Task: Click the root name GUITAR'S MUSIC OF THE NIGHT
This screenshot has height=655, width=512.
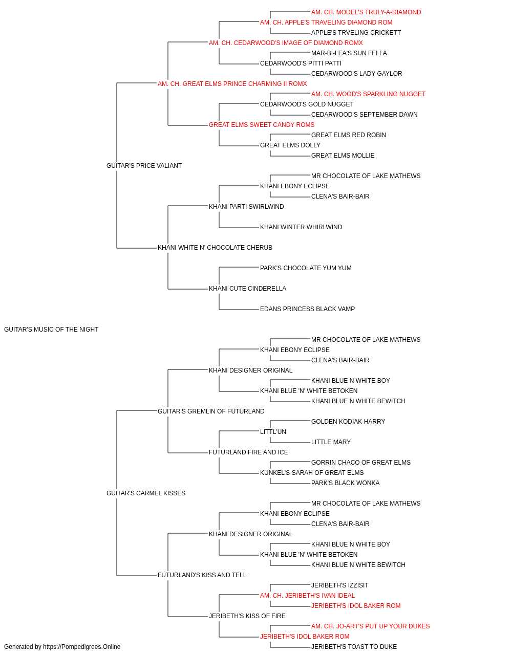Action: coord(51,330)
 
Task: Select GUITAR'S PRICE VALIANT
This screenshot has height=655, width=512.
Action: coord(144,166)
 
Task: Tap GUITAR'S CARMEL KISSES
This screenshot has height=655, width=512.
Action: coord(146,493)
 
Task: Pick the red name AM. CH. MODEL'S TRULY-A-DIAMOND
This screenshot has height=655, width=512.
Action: coord(366,12)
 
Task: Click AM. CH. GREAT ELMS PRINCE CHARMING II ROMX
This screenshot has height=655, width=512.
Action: coord(232,84)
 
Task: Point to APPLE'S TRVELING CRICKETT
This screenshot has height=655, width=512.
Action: coord(356,33)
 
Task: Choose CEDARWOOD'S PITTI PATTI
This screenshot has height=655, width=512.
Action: coord(301,63)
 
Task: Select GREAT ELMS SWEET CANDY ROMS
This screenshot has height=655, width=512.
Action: coord(262,125)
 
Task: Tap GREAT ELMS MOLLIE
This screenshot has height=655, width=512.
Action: coord(343,156)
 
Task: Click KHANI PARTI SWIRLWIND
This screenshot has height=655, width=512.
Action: coord(246,207)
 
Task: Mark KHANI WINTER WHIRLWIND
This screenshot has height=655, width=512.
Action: coord(301,227)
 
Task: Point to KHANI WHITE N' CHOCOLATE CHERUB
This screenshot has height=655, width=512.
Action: coord(215,248)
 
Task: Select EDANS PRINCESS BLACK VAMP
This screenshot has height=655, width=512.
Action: coord(307,309)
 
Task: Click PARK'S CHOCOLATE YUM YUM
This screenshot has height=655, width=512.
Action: coord(306,268)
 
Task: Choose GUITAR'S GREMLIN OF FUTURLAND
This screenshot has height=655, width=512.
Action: coord(211,411)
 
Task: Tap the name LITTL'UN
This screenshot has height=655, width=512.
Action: coord(273,432)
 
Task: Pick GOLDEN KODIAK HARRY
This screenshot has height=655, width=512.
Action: coord(348,422)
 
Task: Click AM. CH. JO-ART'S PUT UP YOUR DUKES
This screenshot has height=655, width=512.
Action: coord(370,626)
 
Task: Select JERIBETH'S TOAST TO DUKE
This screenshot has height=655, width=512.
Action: coord(354,647)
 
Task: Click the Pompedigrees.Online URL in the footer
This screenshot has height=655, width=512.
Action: coord(82,647)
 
